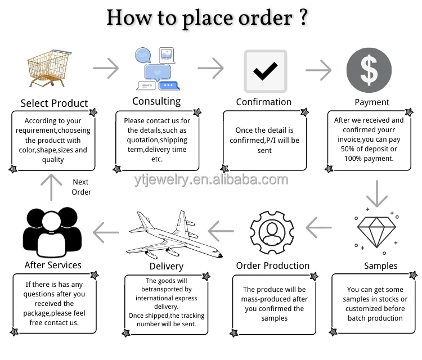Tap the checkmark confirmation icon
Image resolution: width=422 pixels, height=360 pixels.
[x=264, y=71]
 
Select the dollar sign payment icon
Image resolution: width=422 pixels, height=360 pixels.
[x=369, y=70]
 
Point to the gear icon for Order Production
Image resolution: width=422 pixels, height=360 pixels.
[x=272, y=231]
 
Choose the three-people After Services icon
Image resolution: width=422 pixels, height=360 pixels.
[x=51, y=231]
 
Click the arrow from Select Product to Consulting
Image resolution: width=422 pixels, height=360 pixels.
[x=106, y=69]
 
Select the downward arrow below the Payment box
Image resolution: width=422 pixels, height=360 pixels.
[x=376, y=194]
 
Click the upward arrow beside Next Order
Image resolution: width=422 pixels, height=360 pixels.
[x=51, y=187]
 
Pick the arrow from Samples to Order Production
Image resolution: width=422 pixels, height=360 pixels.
[x=319, y=228]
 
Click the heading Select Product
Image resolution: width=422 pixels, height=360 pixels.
[x=54, y=103]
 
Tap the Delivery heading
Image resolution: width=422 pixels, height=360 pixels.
[x=166, y=266]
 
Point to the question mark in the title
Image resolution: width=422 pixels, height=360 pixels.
[x=303, y=17]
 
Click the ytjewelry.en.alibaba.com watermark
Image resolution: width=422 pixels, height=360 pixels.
[x=211, y=179]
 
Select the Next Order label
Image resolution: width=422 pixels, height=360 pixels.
[x=81, y=187]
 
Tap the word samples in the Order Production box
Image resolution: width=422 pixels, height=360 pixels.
[x=275, y=318]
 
